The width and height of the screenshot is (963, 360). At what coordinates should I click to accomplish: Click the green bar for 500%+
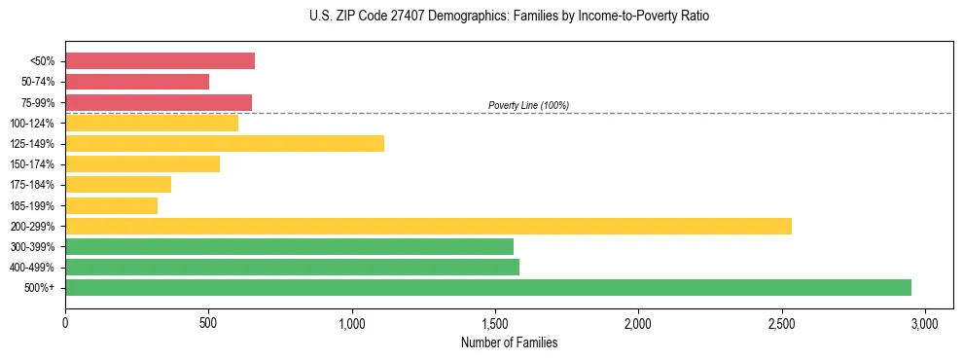(x=488, y=287)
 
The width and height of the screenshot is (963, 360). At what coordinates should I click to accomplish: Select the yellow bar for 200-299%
(x=428, y=226)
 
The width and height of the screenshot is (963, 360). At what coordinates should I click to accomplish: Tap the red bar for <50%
(x=160, y=61)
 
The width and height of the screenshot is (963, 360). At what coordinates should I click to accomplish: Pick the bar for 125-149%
(x=225, y=143)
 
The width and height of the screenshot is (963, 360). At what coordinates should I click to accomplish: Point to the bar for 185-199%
(x=111, y=205)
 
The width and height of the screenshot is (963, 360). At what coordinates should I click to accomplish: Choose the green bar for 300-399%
(x=289, y=246)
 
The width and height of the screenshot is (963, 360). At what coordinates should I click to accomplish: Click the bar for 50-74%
(x=137, y=82)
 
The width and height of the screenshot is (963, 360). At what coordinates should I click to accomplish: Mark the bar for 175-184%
(x=118, y=184)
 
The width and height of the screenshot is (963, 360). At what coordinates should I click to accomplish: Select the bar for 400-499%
(x=292, y=267)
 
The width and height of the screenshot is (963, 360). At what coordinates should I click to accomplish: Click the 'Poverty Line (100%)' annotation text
(x=528, y=105)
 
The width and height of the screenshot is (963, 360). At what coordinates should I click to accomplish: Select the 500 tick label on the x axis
(x=208, y=322)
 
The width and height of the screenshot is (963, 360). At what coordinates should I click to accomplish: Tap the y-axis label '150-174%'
(x=32, y=164)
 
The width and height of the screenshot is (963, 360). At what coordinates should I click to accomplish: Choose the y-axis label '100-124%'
(x=32, y=124)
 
